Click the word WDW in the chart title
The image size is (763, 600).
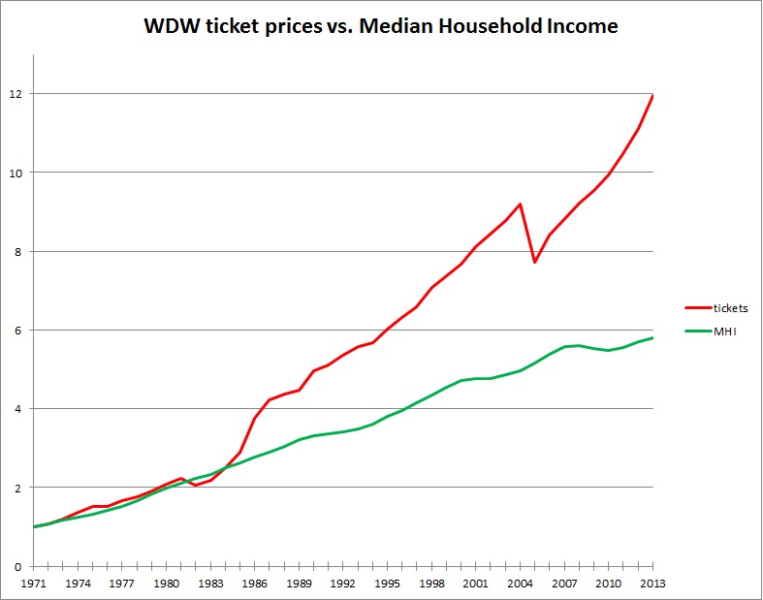(x=171, y=26)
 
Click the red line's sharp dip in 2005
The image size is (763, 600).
(x=535, y=262)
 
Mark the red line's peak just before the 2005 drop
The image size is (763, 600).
(x=521, y=204)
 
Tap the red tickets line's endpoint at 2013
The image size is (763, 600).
(x=652, y=95)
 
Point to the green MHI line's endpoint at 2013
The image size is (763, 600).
(x=652, y=337)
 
